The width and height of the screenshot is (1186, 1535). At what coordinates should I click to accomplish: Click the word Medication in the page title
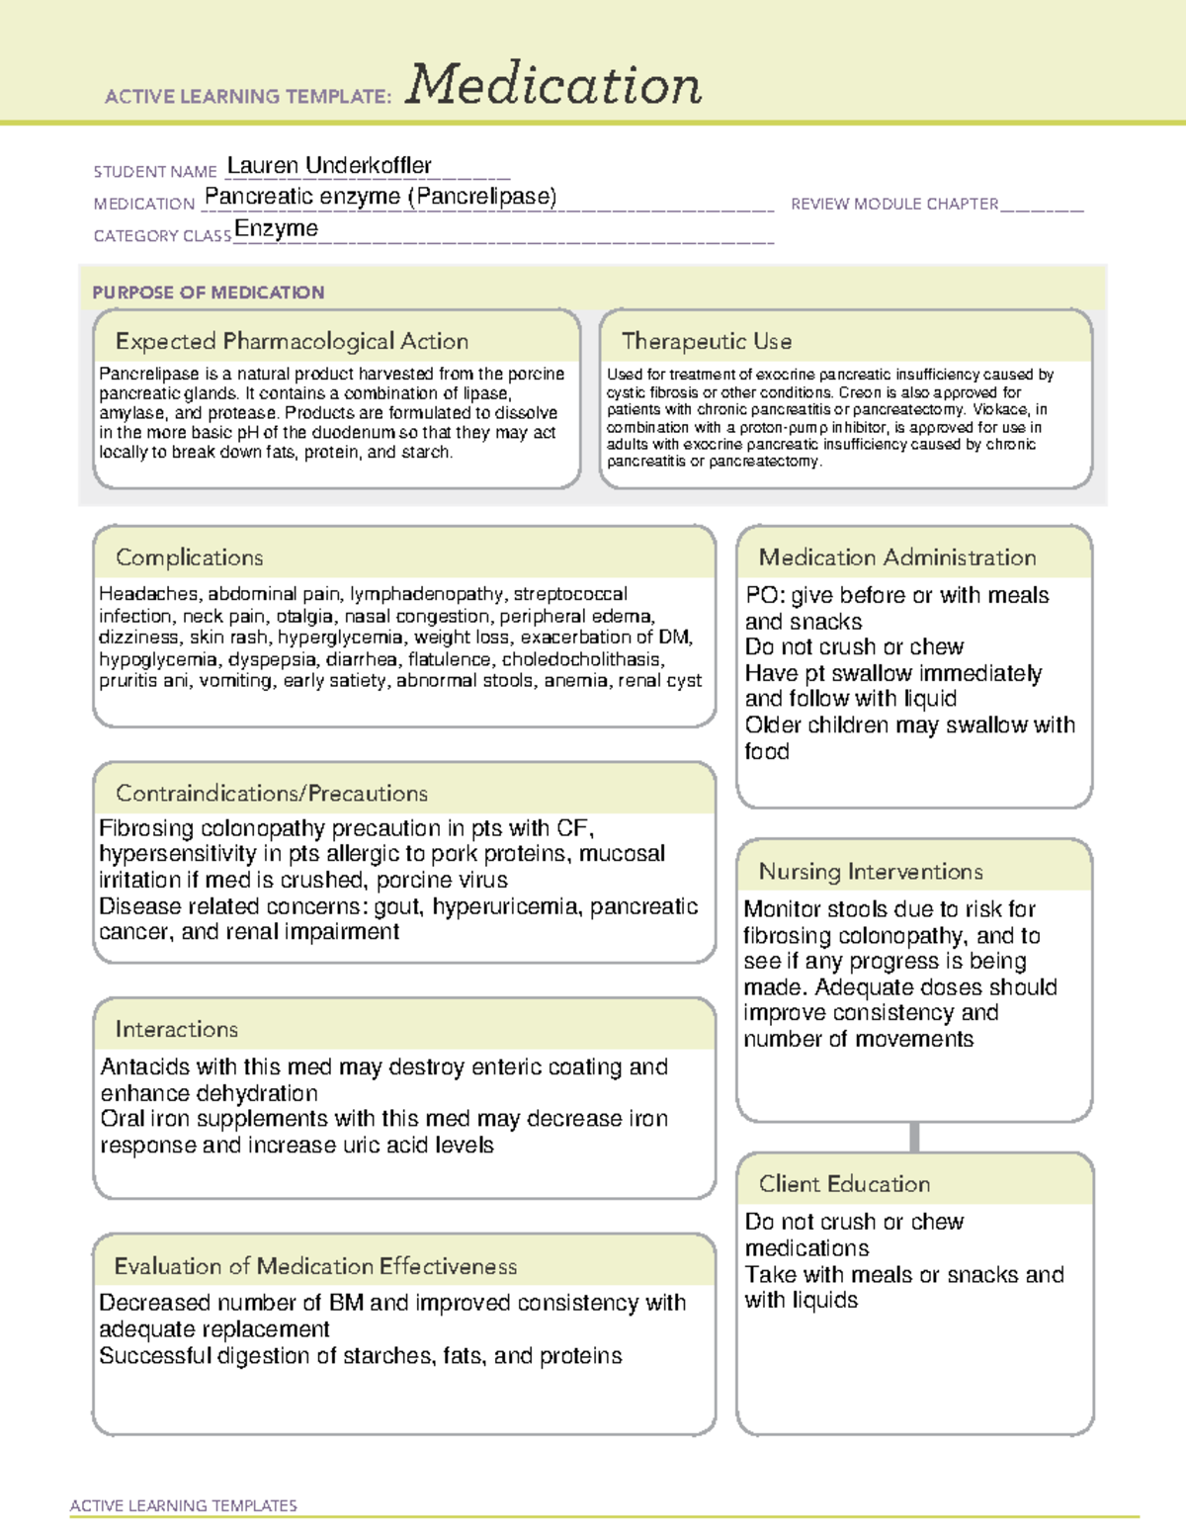click(x=553, y=85)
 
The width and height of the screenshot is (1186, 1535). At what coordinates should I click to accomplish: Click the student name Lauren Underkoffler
click(x=329, y=165)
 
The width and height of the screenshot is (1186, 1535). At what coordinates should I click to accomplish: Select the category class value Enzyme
click(x=276, y=229)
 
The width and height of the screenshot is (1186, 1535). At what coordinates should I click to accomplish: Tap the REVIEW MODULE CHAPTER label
click(x=893, y=204)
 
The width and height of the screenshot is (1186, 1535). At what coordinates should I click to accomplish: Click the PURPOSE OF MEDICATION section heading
click(x=208, y=293)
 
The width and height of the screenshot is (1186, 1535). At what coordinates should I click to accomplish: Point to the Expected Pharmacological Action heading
click(x=292, y=341)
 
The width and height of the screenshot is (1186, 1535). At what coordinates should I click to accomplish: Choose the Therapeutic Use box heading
click(x=706, y=341)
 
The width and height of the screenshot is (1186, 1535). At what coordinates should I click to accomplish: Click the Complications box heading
click(x=189, y=557)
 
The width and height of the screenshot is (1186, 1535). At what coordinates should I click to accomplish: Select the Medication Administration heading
click(x=896, y=557)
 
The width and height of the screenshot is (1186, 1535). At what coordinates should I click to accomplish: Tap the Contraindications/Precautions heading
click(x=271, y=793)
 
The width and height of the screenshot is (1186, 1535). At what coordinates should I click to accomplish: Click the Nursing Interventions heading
click(x=870, y=871)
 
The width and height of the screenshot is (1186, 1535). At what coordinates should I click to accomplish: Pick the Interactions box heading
click(x=176, y=1029)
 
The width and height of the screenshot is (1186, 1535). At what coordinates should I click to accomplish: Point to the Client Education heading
click(x=844, y=1183)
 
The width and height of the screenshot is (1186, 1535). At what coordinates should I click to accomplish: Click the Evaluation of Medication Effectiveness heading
click(x=315, y=1266)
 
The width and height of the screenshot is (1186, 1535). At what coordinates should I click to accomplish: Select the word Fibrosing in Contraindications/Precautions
click(x=145, y=828)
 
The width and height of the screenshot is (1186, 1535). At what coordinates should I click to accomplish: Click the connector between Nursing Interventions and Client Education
click(x=914, y=1137)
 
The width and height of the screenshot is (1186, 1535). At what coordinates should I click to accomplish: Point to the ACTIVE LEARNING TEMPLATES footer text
click(x=183, y=1505)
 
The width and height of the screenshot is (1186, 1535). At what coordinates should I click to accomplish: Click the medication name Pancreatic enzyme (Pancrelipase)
click(x=381, y=197)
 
